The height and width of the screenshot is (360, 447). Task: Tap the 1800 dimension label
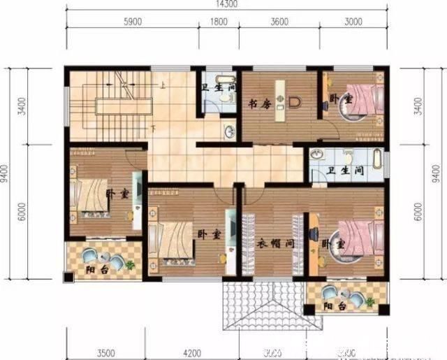click(x=218, y=22)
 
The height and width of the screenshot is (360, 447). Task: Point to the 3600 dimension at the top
click(x=279, y=22)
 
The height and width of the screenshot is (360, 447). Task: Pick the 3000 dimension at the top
click(x=353, y=22)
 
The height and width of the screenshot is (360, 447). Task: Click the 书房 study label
click(x=259, y=104)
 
